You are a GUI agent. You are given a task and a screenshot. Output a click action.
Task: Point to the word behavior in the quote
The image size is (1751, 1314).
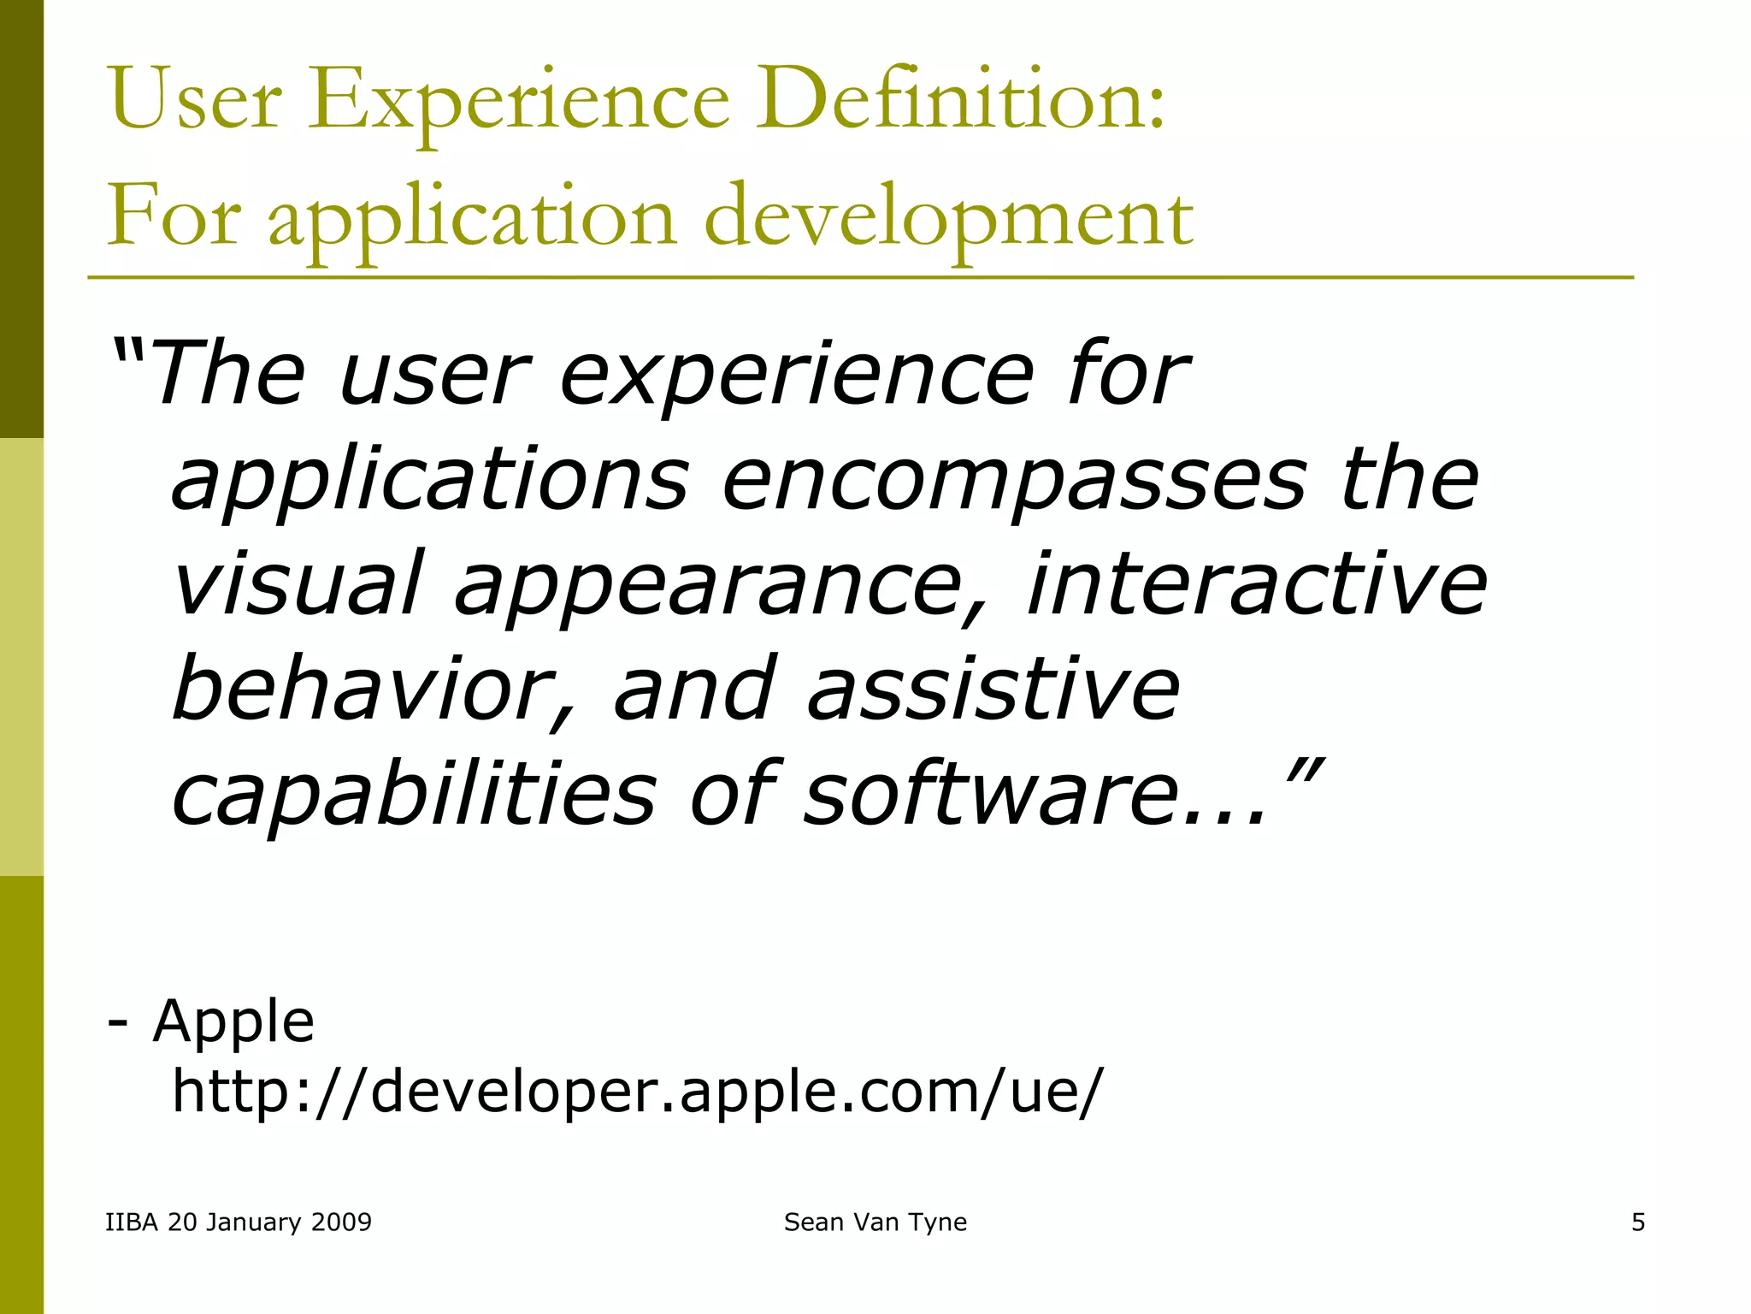point(363,689)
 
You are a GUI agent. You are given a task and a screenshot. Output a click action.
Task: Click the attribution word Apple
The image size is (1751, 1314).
point(233,1021)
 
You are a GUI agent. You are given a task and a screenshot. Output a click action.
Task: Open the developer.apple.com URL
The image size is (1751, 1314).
point(637,1092)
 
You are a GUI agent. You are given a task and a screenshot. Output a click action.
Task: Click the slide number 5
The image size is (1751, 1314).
point(1637,1222)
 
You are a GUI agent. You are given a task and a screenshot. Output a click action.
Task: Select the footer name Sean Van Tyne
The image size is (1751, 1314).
point(875,1222)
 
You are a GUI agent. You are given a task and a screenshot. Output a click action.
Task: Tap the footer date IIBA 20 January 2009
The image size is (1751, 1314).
point(239,1222)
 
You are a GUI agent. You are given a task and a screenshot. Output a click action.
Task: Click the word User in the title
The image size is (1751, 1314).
point(196,101)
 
